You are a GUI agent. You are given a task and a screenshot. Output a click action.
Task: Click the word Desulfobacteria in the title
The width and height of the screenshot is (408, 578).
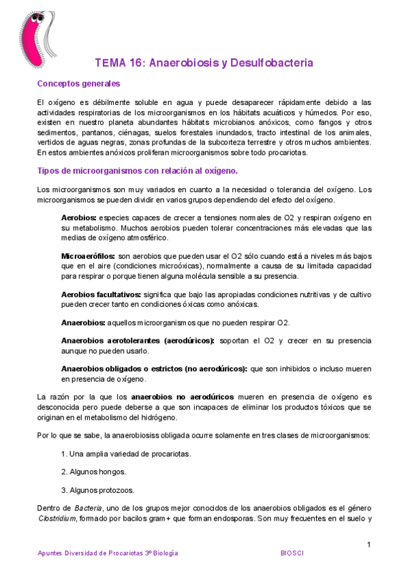[x=273, y=63]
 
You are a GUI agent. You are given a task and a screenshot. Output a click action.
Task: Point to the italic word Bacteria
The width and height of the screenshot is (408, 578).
[x=88, y=508]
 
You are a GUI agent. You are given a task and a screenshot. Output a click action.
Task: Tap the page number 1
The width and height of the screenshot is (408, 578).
[x=368, y=544]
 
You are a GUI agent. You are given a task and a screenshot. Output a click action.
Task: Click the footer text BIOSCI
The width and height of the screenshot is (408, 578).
[x=294, y=553]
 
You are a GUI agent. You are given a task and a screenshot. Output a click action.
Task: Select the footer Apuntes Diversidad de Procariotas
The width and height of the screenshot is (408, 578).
[x=108, y=553]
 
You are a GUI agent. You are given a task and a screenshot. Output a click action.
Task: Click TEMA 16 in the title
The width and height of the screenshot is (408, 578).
[x=118, y=63]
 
